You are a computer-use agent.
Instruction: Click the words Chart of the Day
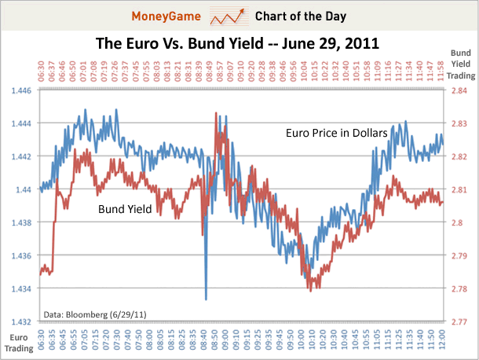coord(296,15)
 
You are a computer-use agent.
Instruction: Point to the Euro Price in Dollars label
coord(336,134)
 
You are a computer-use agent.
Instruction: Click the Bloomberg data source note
coord(95,314)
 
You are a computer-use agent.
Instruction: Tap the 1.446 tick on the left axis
coord(20,91)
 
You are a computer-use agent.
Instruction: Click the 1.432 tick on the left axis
coord(20,321)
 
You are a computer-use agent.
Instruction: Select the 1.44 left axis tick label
coord(24,189)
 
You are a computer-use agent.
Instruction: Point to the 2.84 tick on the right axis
coord(458,91)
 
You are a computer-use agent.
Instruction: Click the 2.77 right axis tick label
coord(458,321)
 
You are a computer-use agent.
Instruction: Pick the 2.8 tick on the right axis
coord(456,222)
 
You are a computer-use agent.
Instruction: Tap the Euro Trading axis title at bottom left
coord(18,341)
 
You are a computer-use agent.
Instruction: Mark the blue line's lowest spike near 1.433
coord(206,299)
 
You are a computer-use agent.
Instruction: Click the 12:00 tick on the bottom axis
coord(442,339)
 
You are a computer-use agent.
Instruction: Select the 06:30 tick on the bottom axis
coord(38,339)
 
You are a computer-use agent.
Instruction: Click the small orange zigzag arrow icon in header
coord(229,15)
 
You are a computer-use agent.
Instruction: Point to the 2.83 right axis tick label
coord(458,124)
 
